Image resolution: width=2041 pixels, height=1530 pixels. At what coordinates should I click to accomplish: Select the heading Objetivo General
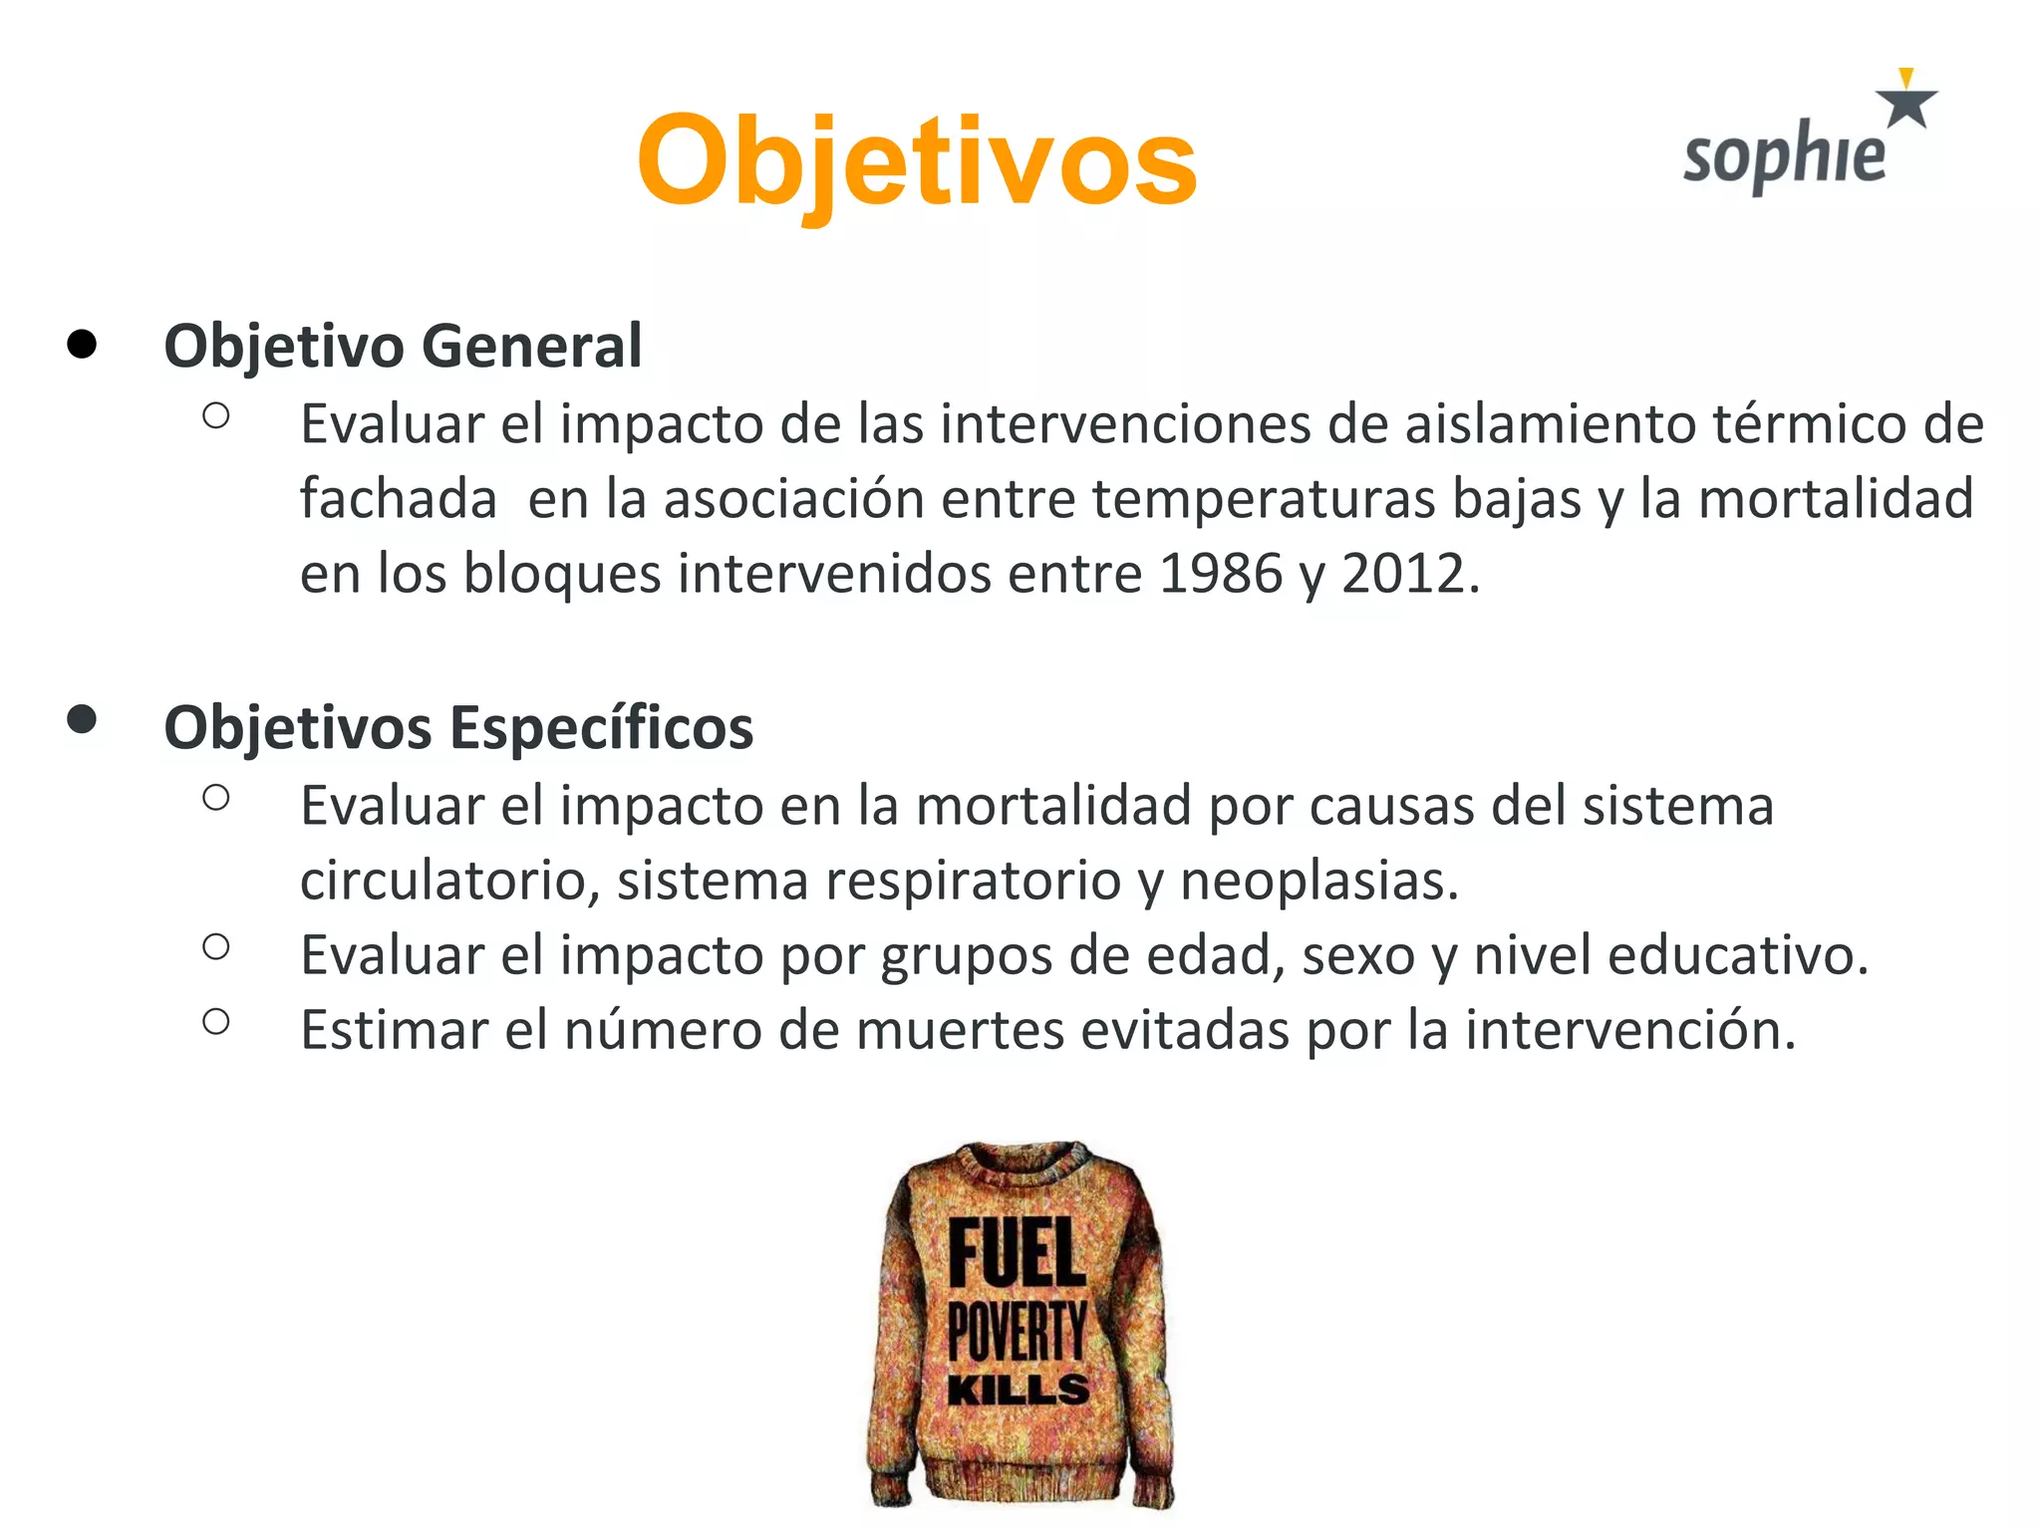pyautogui.click(x=403, y=346)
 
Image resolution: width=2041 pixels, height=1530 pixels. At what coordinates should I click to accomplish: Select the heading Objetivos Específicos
pyautogui.click(x=458, y=727)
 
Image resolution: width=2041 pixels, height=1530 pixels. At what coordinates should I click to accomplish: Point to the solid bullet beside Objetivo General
pyautogui.click(x=82, y=345)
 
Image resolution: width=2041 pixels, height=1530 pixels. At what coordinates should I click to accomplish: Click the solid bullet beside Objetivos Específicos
pyautogui.click(x=82, y=719)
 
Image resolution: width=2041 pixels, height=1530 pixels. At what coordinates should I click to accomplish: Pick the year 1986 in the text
pyautogui.click(x=1221, y=574)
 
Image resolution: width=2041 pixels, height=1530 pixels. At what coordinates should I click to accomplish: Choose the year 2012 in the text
pyautogui.click(x=1403, y=574)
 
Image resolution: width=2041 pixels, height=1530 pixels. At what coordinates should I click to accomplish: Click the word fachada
pyautogui.click(x=399, y=498)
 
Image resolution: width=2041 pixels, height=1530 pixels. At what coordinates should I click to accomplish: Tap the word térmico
pyautogui.click(x=1810, y=424)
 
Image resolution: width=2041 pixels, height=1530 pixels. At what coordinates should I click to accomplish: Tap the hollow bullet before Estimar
pyautogui.click(x=216, y=1021)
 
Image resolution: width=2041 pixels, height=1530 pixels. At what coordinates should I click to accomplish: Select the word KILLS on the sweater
pyautogui.click(x=1018, y=1390)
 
